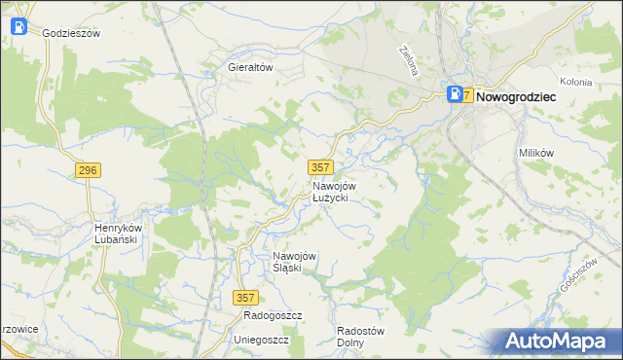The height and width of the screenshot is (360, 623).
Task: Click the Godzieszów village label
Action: coord(72,32)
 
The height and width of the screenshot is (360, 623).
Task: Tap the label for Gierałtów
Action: coord(248,68)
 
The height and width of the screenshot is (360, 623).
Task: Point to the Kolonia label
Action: coord(576,82)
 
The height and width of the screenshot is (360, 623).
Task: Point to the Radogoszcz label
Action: coord(274,316)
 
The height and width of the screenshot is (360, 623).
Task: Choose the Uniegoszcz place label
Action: coord(262,340)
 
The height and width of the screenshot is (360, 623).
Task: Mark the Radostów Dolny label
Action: coord(360,336)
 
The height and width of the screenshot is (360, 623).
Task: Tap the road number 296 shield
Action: coord(88,170)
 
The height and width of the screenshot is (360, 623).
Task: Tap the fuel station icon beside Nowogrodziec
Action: coord(454,94)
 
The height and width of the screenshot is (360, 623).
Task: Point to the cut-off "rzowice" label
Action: coord(19,329)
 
